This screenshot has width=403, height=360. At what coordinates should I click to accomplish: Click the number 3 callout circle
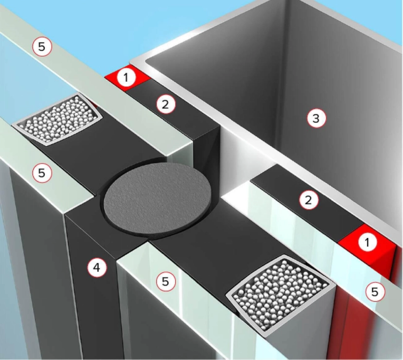pyautogui.click(x=316, y=118)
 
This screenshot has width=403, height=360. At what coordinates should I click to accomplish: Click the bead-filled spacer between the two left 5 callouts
pyautogui.click(x=57, y=120)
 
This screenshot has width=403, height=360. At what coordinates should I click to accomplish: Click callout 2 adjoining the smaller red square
pyautogui.click(x=166, y=104)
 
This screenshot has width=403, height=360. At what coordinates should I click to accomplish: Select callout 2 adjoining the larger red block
pyautogui.click(x=308, y=199)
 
